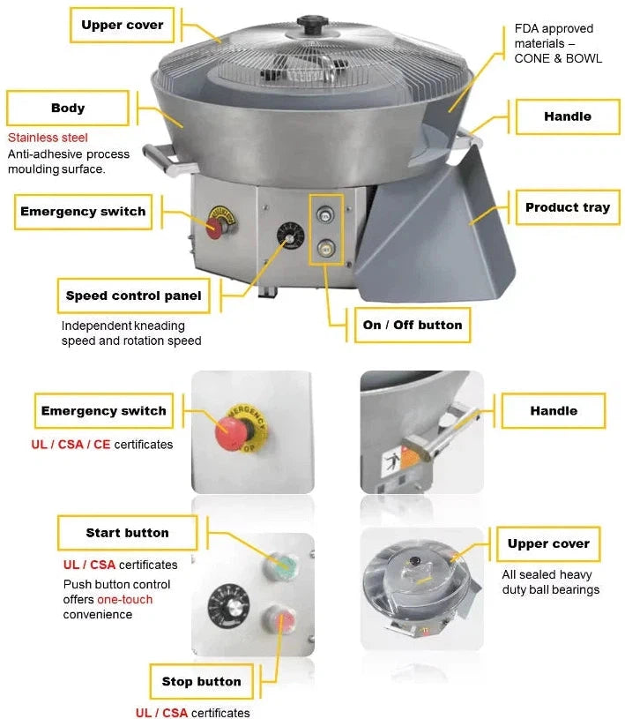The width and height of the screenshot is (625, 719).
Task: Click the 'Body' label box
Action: tap(68, 109)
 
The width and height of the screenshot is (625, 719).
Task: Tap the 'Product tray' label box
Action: tap(567, 208)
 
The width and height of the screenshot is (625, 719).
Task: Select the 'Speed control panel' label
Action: tap(133, 296)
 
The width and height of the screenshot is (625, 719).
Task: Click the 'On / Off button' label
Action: tap(412, 325)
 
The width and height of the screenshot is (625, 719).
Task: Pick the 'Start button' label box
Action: tap(127, 533)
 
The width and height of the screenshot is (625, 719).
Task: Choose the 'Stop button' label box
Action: tap(201, 681)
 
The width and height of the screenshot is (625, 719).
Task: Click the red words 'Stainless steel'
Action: tap(48, 139)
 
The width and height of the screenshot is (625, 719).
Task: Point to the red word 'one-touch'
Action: tap(124, 600)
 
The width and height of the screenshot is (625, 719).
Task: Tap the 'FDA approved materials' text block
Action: tap(558, 43)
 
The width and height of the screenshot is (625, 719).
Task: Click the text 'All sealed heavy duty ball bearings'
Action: tap(550, 582)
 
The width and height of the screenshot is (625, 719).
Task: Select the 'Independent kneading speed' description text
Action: tap(130, 333)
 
